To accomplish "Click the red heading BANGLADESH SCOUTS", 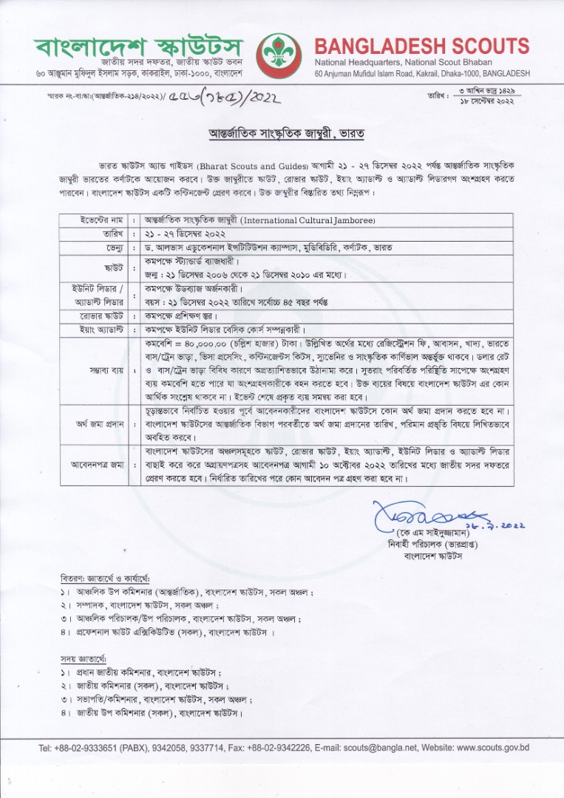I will point(422,45).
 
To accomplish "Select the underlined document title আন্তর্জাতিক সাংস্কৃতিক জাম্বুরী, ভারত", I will point(282,135).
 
